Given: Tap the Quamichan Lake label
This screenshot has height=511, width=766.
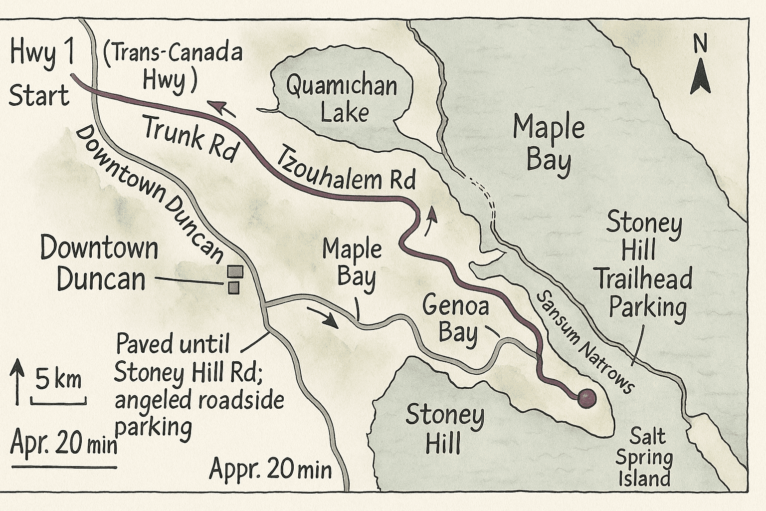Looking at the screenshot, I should point(342,100).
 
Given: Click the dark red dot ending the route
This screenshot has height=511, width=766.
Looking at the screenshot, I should point(586,398).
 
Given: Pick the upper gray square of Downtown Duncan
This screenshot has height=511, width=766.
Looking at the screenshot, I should point(235,271).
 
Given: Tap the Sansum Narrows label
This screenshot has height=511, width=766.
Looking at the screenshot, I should point(583,342).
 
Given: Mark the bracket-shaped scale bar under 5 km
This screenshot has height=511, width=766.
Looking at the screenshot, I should point(58,401).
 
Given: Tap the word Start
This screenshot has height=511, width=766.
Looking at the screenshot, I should point(39,96).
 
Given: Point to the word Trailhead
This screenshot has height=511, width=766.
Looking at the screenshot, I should point(645,278).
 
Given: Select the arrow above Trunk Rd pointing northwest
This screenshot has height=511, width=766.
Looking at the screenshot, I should point(220,107).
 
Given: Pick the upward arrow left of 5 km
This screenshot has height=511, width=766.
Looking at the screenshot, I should point(17,380).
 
